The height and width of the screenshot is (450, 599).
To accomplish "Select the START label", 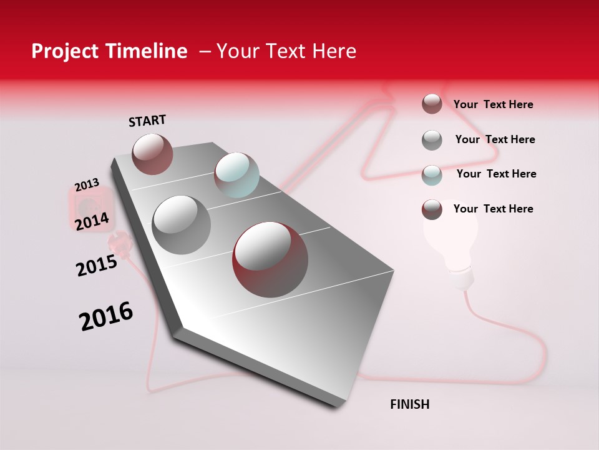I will click(x=147, y=121).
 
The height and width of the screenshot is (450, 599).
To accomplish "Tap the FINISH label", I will click(x=410, y=404).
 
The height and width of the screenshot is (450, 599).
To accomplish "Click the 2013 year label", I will click(x=87, y=185).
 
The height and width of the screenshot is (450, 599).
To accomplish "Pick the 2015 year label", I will click(x=97, y=266).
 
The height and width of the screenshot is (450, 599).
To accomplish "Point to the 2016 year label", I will click(x=106, y=316).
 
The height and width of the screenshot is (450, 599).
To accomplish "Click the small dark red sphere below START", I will click(x=152, y=154).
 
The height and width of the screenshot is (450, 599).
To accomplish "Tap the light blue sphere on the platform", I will click(x=236, y=175).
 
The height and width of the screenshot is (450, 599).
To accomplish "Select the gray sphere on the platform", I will click(x=181, y=224).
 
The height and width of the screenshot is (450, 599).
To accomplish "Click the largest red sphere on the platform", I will click(x=270, y=259).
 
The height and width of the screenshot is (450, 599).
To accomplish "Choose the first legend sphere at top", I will click(x=432, y=104).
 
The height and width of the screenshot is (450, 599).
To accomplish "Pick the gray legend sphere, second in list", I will click(x=432, y=140).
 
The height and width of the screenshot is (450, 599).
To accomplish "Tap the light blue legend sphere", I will click(x=432, y=175).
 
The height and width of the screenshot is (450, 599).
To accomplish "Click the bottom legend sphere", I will click(x=432, y=209).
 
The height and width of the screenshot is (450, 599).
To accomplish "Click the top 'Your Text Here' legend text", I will click(x=493, y=105).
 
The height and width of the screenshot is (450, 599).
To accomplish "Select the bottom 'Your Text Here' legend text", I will click(x=493, y=209).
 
